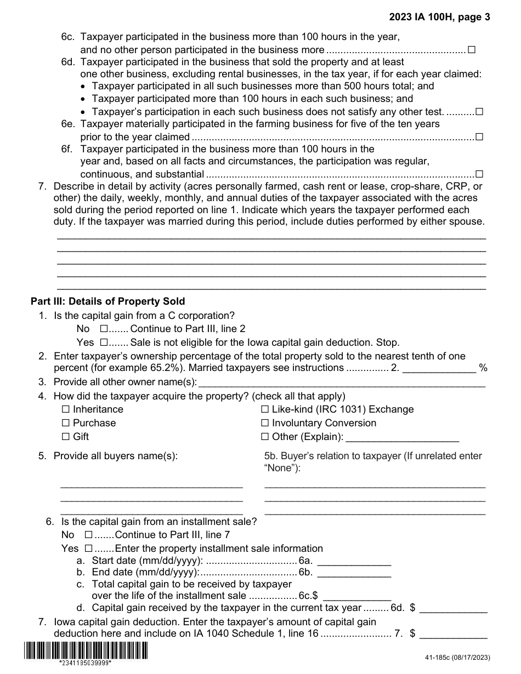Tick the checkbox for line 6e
479,136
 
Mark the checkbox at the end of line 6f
479,174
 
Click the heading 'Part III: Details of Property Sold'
108,301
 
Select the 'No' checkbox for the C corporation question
104,329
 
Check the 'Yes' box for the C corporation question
104,342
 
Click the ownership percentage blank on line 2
439,368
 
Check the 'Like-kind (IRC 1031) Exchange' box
265,409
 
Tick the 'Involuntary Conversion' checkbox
265,423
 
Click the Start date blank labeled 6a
354,561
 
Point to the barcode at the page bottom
86,650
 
